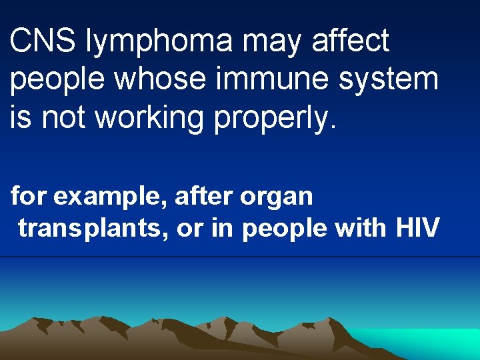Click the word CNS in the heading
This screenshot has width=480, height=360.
point(37,41)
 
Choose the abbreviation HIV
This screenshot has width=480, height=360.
point(417,227)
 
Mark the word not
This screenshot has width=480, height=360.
point(65,117)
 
